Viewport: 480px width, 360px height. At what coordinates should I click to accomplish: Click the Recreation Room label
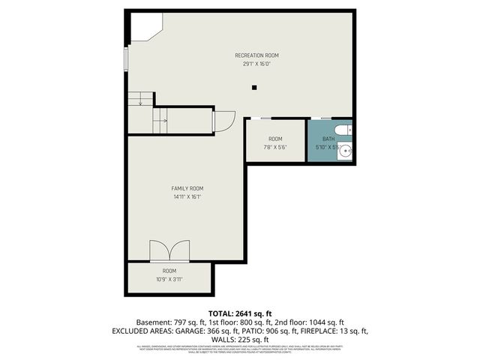(x=256, y=55)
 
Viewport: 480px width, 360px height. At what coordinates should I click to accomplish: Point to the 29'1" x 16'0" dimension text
(x=256, y=64)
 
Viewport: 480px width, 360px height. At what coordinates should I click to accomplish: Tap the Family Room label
(x=187, y=188)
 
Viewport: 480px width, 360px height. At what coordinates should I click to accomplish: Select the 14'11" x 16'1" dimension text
(x=187, y=197)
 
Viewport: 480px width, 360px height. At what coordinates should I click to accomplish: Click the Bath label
(x=328, y=139)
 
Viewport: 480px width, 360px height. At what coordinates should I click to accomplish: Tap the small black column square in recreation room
(x=255, y=88)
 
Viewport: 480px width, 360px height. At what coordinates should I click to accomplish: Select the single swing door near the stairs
(x=224, y=121)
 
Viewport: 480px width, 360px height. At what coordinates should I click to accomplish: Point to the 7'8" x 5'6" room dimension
(x=275, y=148)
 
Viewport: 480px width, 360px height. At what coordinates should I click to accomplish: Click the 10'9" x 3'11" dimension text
(x=169, y=279)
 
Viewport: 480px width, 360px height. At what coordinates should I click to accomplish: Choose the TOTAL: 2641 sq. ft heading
(x=239, y=313)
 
